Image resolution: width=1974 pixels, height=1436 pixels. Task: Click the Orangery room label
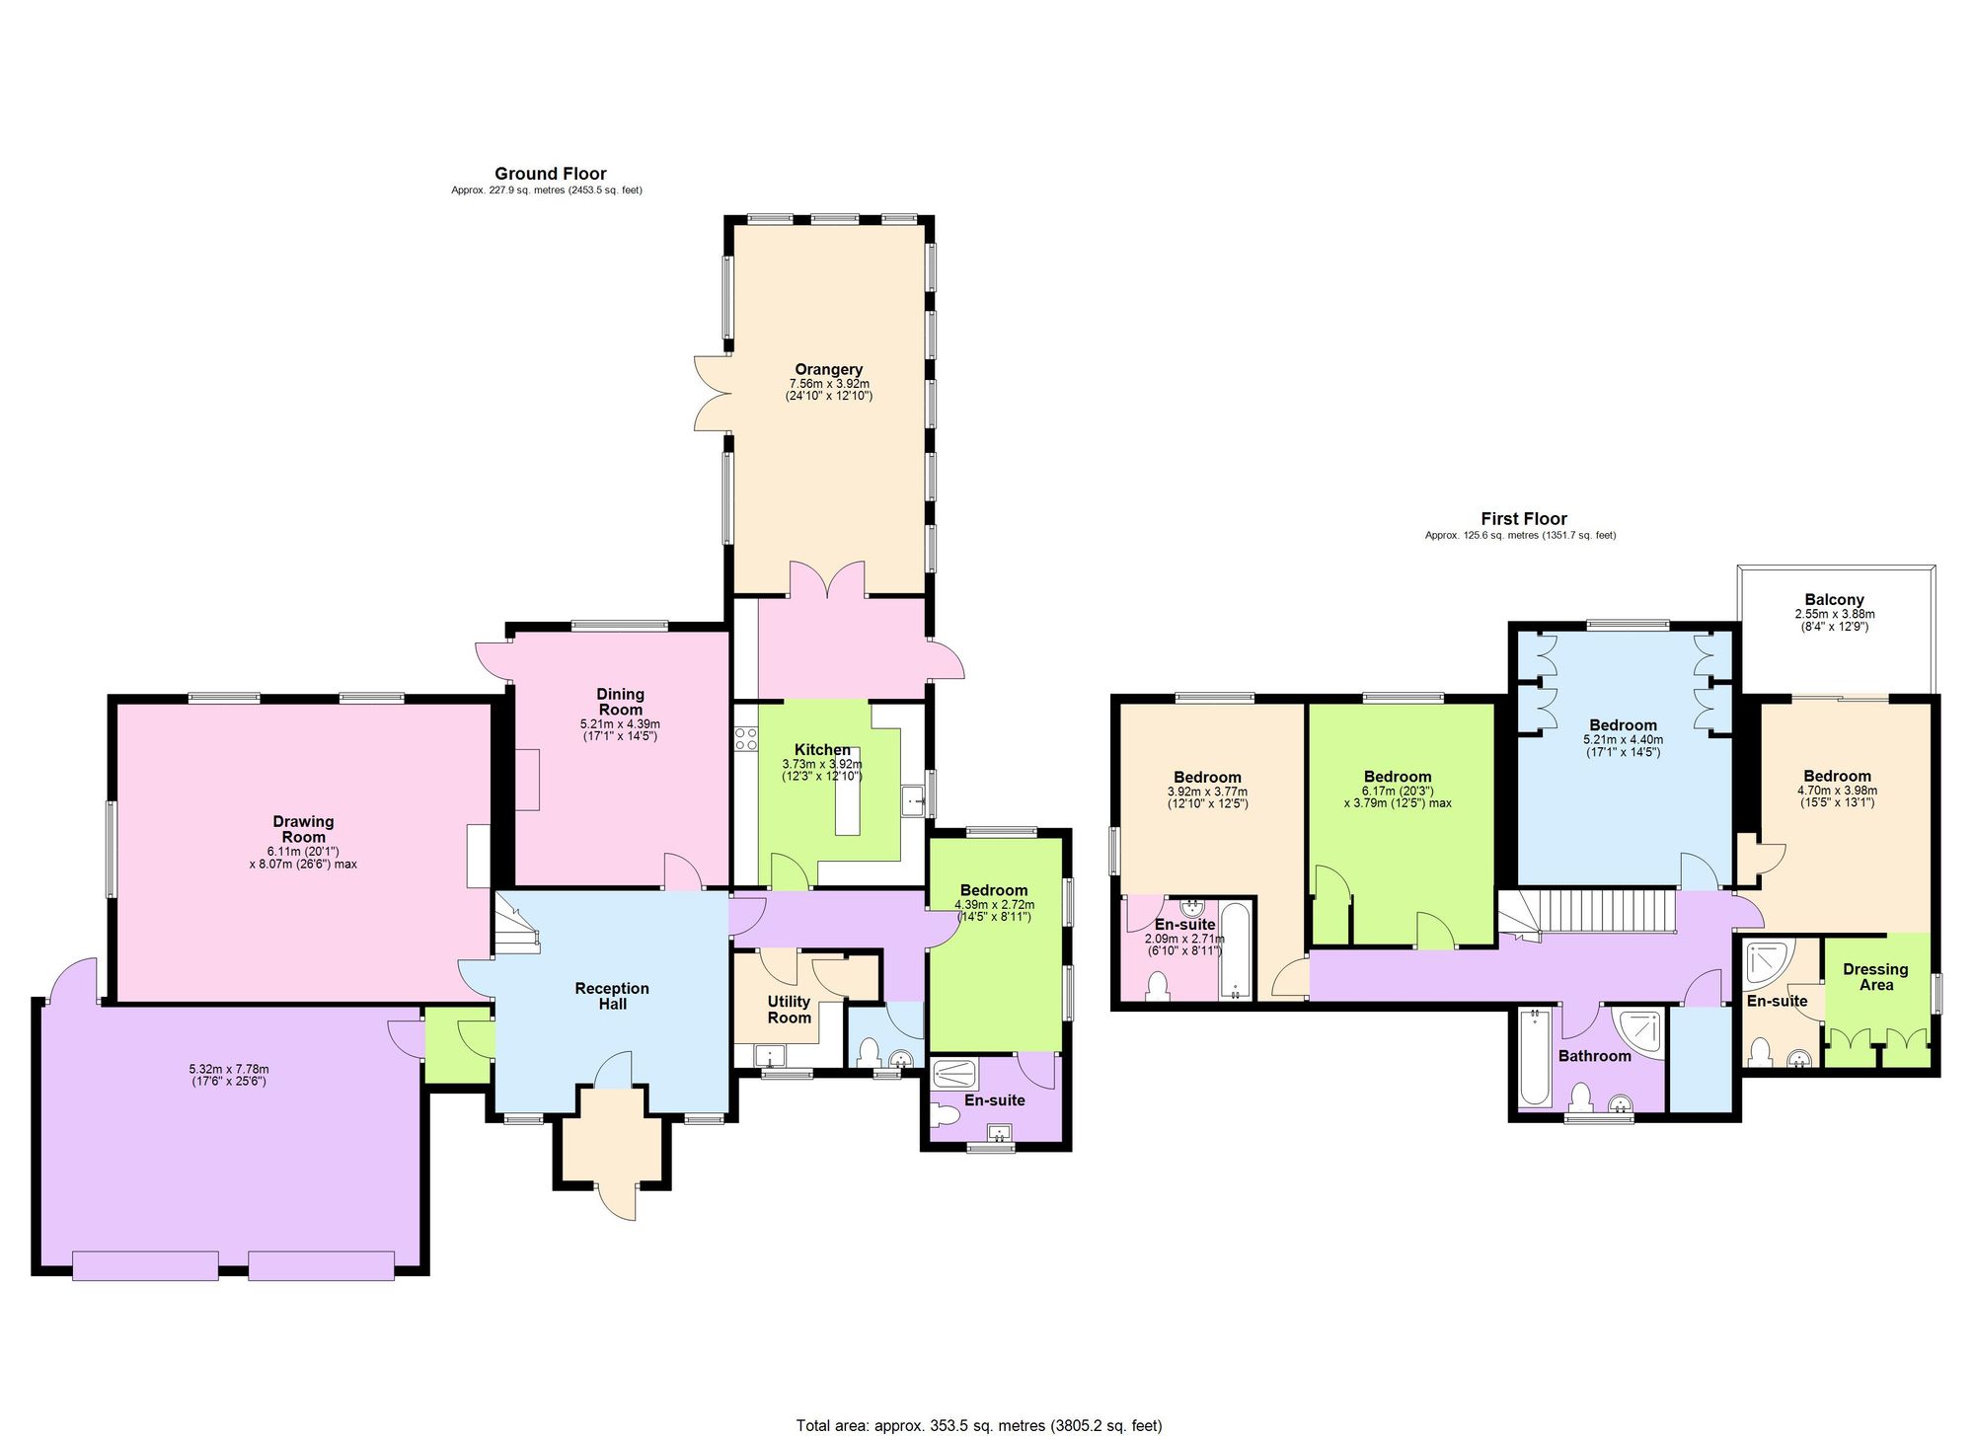pyautogui.click(x=828, y=370)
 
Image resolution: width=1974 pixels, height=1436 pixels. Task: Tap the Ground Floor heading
pyautogui.click(x=550, y=174)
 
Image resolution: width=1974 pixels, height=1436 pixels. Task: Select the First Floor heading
pyautogui.click(x=1523, y=519)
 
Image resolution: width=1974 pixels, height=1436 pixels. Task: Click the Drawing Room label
pyautogui.click(x=303, y=829)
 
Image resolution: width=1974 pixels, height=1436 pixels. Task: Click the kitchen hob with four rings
pyautogui.click(x=745, y=738)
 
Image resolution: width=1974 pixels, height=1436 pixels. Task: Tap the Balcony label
pyautogui.click(x=1834, y=600)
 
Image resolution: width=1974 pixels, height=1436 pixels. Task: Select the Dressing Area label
pyautogui.click(x=1875, y=977)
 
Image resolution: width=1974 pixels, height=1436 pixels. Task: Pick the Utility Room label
pyautogui.click(x=789, y=1010)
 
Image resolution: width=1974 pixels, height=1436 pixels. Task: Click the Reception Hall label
pyautogui.click(x=612, y=996)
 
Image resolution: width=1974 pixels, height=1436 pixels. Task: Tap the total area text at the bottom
pyautogui.click(x=979, y=1425)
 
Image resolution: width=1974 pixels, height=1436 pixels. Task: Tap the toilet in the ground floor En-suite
pyautogui.click(x=945, y=1116)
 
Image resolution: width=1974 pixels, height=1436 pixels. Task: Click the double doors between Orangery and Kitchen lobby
pyautogui.click(x=827, y=581)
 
